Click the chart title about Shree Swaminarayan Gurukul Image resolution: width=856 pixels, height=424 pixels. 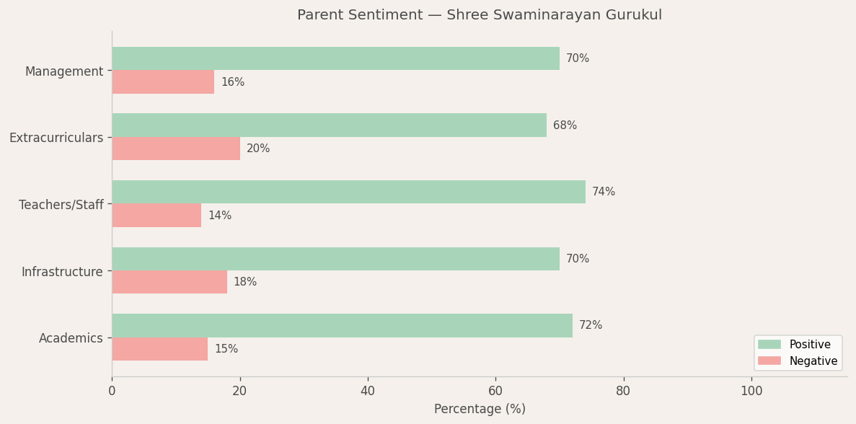click(x=479, y=15)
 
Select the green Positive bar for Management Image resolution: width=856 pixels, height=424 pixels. click(x=335, y=58)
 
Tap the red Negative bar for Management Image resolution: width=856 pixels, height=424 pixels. click(x=163, y=82)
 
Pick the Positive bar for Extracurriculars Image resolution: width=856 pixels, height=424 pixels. click(x=329, y=125)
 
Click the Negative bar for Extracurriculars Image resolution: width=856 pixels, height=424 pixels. click(x=176, y=149)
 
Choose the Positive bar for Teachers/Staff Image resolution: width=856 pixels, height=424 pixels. click(x=348, y=192)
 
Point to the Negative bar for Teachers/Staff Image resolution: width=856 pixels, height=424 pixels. click(x=156, y=216)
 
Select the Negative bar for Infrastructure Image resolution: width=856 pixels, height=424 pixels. click(x=169, y=282)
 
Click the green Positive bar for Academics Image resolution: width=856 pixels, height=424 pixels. click(x=342, y=325)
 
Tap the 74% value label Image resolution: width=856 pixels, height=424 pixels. click(x=604, y=192)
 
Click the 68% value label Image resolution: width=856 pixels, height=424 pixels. click(x=565, y=125)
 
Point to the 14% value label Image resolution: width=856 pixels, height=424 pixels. click(x=220, y=216)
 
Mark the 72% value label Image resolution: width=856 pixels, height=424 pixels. click(x=591, y=325)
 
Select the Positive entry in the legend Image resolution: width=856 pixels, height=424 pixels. click(x=797, y=345)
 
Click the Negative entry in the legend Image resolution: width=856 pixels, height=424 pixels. click(x=797, y=361)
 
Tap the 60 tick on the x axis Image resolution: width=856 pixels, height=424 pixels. click(x=495, y=391)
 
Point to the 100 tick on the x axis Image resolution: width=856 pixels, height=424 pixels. click(x=751, y=391)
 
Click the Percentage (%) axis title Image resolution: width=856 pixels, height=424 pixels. click(x=480, y=409)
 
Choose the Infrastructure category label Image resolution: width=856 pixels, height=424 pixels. click(x=62, y=272)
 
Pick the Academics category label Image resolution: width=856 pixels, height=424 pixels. click(x=71, y=338)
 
